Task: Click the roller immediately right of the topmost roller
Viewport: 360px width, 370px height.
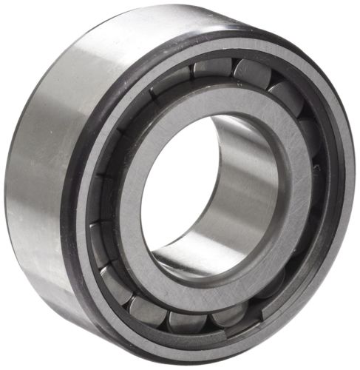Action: [251, 74]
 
